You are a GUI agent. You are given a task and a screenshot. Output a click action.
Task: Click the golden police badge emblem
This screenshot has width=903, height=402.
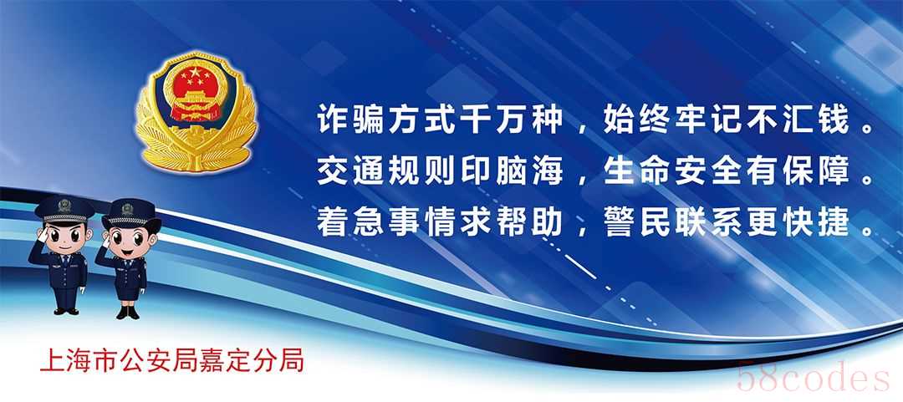[x=196, y=112]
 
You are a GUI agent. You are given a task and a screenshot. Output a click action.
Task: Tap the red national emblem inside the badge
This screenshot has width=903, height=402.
[x=196, y=91]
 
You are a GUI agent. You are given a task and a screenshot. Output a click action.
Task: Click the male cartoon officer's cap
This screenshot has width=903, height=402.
[x=64, y=209]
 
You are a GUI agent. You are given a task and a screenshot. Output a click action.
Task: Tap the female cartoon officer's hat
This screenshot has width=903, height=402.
[x=130, y=213]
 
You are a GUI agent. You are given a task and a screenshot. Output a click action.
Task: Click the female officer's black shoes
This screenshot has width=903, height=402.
[x=128, y=313]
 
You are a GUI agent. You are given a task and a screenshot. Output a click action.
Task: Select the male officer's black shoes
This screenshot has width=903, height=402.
[x=66, y=311]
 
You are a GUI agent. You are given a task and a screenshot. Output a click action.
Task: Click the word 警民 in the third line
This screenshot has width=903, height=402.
[x=639, y=221]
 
